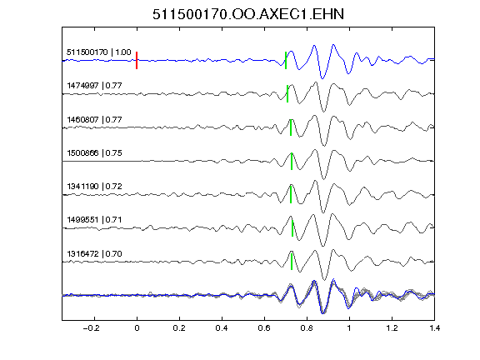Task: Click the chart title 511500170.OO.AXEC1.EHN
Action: pos(248,14)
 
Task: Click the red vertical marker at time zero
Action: pos(137,60)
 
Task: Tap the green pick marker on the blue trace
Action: pos(286,60)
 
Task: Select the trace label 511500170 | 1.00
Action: pos(99,52)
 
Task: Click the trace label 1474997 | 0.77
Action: pos(94,86)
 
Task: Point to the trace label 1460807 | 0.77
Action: pos(94,119)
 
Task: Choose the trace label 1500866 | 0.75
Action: pos(94,153)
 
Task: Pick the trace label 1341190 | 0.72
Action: pos(94,187)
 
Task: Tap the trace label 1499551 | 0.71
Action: pos(94,220)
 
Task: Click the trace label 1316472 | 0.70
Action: pos(94,254)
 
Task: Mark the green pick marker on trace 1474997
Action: pos(287,93)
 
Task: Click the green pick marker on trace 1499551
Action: pos(292,228)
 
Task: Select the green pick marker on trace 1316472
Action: pos(292,262)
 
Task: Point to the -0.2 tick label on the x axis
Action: pos(91,328)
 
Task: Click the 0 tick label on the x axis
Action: pos(137,328)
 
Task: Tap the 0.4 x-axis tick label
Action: pos(222,328)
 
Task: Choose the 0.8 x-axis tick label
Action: pos(307,328)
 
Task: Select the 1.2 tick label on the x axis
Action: pos(392,328)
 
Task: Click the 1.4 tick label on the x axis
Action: pos(434,328)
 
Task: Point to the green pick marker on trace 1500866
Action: pos(292,161)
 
